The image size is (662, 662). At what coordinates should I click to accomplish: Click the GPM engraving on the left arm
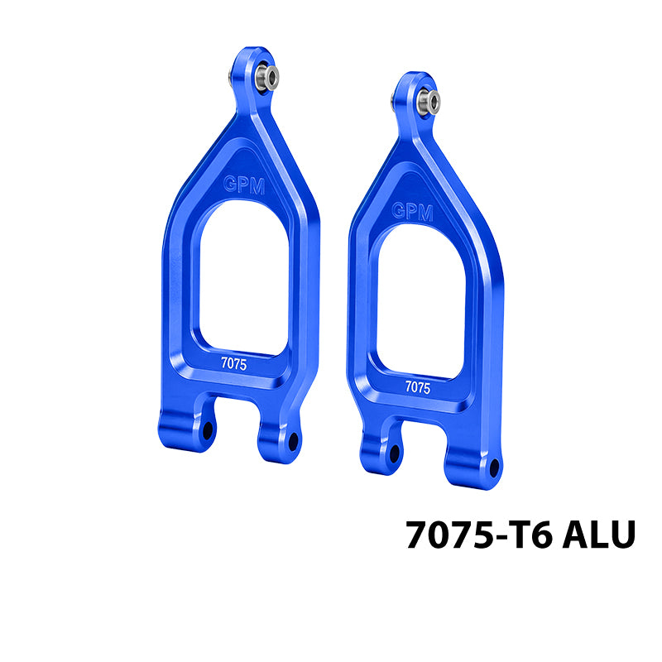[x=244, y=185]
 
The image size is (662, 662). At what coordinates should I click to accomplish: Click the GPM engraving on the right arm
[x=412, y=211]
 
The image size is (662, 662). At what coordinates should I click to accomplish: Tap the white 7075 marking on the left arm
[x=234, y=363]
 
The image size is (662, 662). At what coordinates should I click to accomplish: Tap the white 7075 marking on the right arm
[x=418, y=387]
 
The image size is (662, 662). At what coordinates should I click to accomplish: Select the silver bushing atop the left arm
[x=266, y=77]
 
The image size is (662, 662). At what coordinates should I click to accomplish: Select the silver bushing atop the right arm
[x=428, y=102]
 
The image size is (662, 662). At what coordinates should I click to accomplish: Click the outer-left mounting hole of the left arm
[x=208, y=430]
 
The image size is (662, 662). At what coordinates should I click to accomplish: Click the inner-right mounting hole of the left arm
[x=293, y=442]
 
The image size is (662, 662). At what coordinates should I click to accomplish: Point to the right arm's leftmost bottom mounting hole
[x=395, y=453]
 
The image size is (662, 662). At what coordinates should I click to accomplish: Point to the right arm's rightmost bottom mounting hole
[x=494, y=468]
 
